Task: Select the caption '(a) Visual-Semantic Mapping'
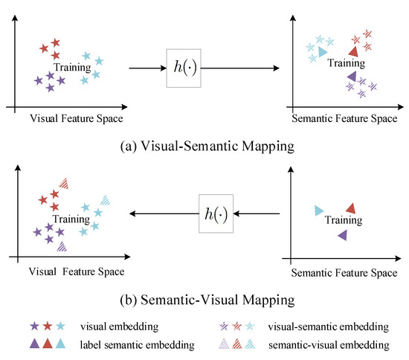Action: (x=204, y=146)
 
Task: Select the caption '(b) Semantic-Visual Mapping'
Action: (x=204, y=300)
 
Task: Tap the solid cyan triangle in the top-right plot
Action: (x=321, y=53)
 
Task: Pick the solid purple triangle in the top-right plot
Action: (x=351, y=75)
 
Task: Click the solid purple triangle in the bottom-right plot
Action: (x=342, y=235)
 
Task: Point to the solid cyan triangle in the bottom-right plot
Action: (x=318, y=210)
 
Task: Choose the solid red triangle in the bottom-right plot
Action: (x=351, y=208)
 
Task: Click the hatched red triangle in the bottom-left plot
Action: (x=65, y=182)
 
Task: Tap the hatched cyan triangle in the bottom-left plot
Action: (x=106, y=199)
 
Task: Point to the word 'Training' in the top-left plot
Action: (x=73, y=68)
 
